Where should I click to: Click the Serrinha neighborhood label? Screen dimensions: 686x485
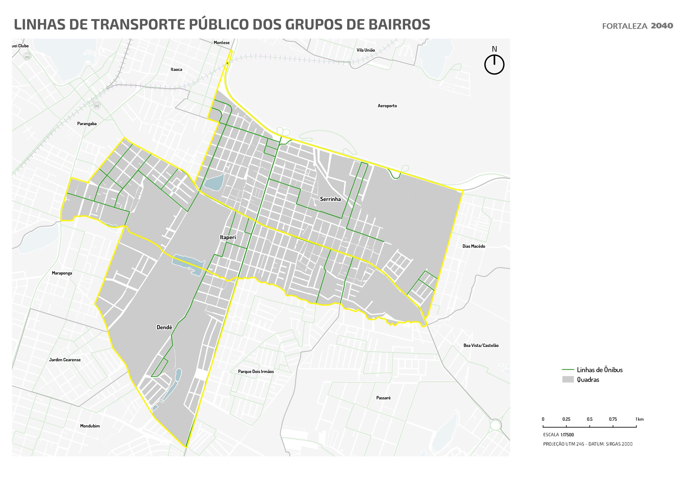330,199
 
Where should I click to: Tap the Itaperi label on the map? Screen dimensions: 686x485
228,237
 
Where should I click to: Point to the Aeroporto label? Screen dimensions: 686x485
387,106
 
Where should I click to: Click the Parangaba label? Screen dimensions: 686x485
87,124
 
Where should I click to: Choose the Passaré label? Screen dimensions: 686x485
383,398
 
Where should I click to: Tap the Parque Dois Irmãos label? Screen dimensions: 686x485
256,372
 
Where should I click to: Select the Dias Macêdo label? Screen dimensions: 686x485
474,246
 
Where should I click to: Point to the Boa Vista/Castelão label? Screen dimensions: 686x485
481,345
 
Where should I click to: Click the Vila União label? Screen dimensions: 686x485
366,50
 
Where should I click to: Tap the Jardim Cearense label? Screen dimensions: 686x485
65,360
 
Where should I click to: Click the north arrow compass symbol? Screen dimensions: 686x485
494,64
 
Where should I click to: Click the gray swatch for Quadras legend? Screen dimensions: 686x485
568,379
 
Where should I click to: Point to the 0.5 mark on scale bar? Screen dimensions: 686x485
590,427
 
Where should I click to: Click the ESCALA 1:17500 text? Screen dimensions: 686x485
558,435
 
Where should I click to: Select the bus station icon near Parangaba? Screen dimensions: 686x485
96,105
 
